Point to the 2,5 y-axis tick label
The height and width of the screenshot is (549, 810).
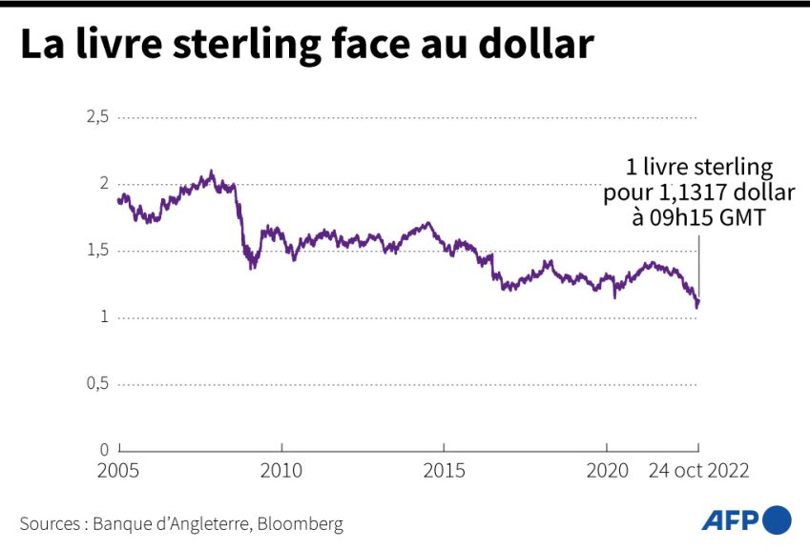(99, 117)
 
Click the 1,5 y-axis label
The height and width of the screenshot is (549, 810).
(99, 251)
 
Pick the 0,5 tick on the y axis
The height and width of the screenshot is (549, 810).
(99, 383)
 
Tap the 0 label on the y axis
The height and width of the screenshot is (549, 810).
(105, 449)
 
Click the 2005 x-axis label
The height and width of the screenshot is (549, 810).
(120, 471)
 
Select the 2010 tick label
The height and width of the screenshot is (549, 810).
(281, 471)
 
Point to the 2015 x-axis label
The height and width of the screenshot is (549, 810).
(444, 471)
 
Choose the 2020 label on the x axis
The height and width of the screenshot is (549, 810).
(607, 471)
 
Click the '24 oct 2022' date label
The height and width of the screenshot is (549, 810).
(698, 471)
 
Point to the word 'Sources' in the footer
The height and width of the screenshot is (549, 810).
(50, 523)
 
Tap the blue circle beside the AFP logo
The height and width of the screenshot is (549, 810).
(778, 519)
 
